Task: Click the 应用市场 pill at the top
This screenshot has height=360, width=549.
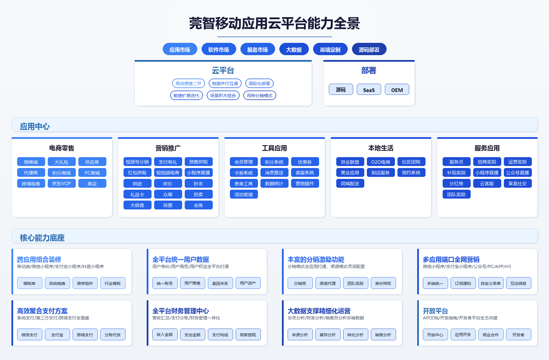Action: [180, 49]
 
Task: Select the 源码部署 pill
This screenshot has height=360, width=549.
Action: [369, 49]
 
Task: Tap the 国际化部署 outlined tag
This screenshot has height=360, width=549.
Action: [259, 83]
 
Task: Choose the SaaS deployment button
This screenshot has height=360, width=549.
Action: [369, 90]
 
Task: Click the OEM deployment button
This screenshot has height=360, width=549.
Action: [397, 90]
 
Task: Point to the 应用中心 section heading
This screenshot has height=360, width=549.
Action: [35, 126]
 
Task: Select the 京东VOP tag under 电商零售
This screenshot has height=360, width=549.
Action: [61, 183]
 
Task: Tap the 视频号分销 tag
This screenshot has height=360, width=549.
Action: [137, 162]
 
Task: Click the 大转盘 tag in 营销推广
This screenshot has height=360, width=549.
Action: [137, 205]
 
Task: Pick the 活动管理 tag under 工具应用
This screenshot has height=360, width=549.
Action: [244, 194]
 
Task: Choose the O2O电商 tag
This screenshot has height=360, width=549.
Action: [381, 162]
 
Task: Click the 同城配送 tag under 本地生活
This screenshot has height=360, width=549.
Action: [350, 183]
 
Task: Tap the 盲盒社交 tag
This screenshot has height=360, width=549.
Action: [518, 183]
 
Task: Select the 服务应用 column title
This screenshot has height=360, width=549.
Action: [487, 148]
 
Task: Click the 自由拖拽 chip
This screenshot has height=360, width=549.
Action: [57, 283]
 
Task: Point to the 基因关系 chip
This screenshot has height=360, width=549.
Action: [220, 283]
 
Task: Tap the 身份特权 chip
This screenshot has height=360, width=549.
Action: [383, 283]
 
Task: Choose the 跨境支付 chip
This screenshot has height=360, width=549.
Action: [85, 335]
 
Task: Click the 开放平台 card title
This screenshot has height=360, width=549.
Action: [435, 311]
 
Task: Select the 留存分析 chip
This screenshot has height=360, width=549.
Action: [328, 335]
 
